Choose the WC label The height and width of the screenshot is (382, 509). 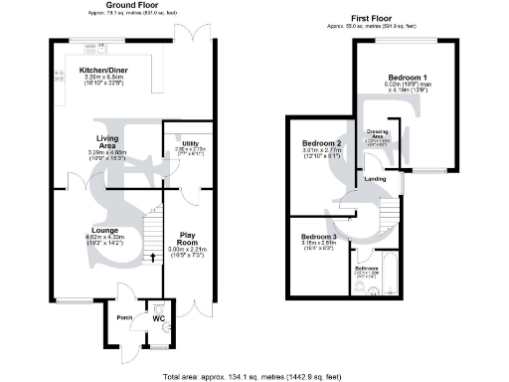[x=170, y=318]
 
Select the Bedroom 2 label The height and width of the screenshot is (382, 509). [x=321, y=143]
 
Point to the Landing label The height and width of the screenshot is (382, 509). [x=375, y=179]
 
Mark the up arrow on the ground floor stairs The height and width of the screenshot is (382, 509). [x=152, y=256]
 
